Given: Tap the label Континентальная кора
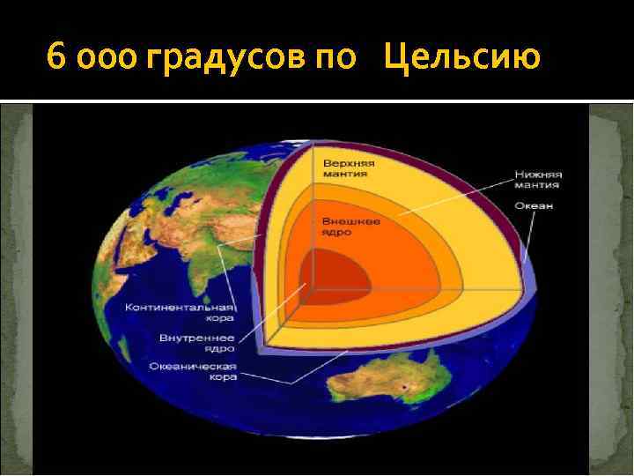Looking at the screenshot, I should coord(179,314).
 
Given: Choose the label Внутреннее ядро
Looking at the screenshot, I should coord(196,343).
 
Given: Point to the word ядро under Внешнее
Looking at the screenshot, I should coord(336,232).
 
